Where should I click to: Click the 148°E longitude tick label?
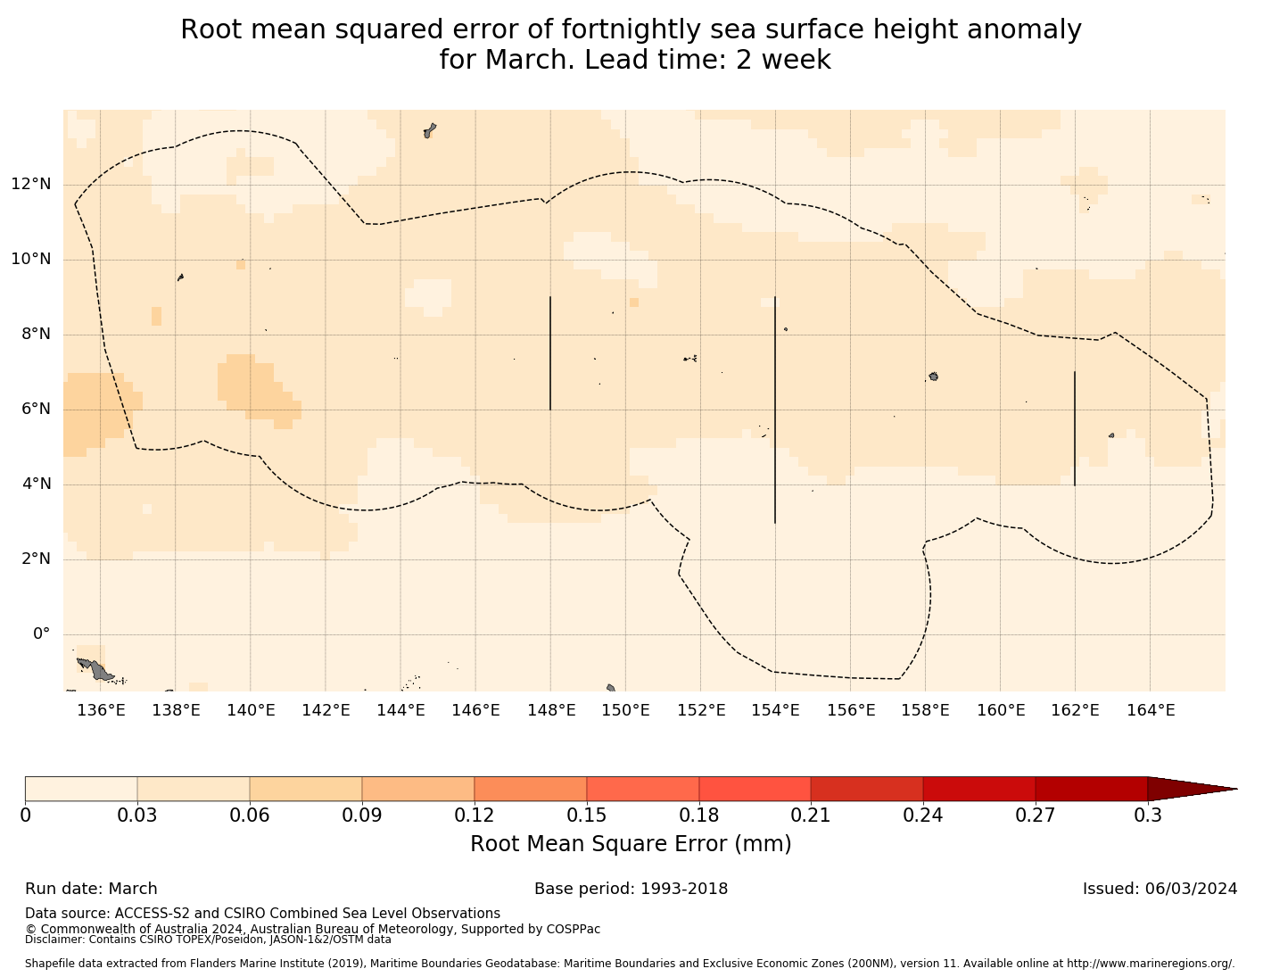(x=550, y=710)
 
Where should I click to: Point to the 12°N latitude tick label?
(x=30, y=185)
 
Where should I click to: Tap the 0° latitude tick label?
(x=41, y=634)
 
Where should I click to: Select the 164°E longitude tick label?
(x=1150, y=710)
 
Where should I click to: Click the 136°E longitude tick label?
(x=100, y=710)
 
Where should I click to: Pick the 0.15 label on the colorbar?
(x=586, y=816)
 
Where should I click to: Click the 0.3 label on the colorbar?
(x=1147, y=816)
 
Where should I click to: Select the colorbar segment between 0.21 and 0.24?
(x=866, y=789)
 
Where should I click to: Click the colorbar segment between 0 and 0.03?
(x=81, y=789)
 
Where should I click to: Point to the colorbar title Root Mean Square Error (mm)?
(x=631, y=844)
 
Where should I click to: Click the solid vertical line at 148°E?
(x=550, y=353)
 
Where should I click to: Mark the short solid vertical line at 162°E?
(x=1075, y=428)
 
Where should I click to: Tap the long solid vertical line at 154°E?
(x=775, y=410)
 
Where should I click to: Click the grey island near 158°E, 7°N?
(x=933, y=377)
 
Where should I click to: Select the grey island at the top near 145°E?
(x=430, y=130)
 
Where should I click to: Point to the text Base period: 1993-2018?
(x=631, y=889)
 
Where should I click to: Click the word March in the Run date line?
(x=133, y=889)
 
